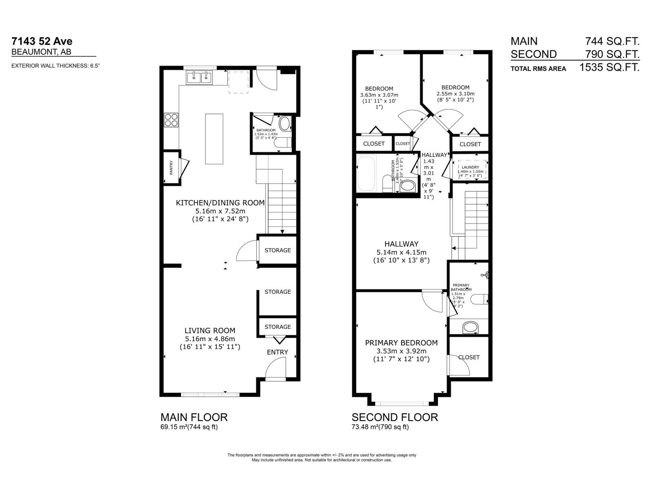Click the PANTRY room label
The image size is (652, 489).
(172, 168)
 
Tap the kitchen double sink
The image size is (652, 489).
(200, 77)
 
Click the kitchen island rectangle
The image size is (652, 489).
(214, 139)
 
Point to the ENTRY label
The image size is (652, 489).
(277, 352)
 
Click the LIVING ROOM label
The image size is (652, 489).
(210, 330)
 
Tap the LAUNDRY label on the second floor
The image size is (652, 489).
(470, 167)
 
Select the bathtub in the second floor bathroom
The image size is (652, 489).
(368, 174)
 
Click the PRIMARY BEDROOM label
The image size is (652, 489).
(401, 343)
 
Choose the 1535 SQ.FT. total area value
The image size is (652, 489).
(609, 67)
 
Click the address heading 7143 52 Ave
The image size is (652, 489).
(42, 41)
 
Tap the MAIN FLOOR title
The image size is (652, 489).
(194, 417)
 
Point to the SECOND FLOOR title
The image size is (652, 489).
(394, 417)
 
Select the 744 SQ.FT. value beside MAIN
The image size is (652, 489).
(612, 41)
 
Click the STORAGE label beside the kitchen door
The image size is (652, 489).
(278, 250)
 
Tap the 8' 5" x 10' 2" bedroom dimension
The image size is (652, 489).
(455, 100)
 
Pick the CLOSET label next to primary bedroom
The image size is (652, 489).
(469, 357)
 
